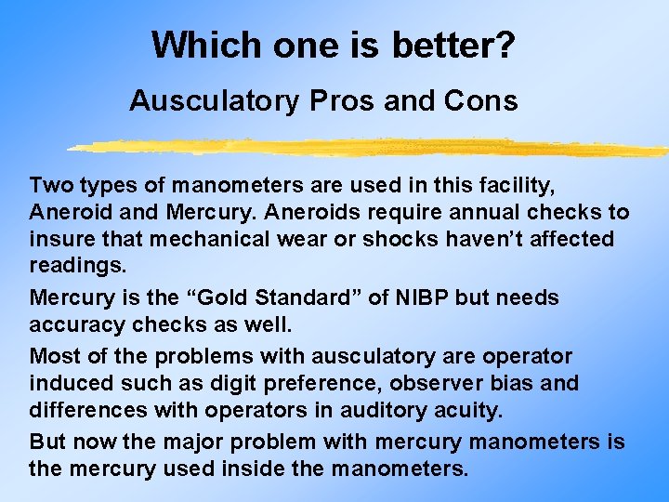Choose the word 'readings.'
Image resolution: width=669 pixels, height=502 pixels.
point(75,266)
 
